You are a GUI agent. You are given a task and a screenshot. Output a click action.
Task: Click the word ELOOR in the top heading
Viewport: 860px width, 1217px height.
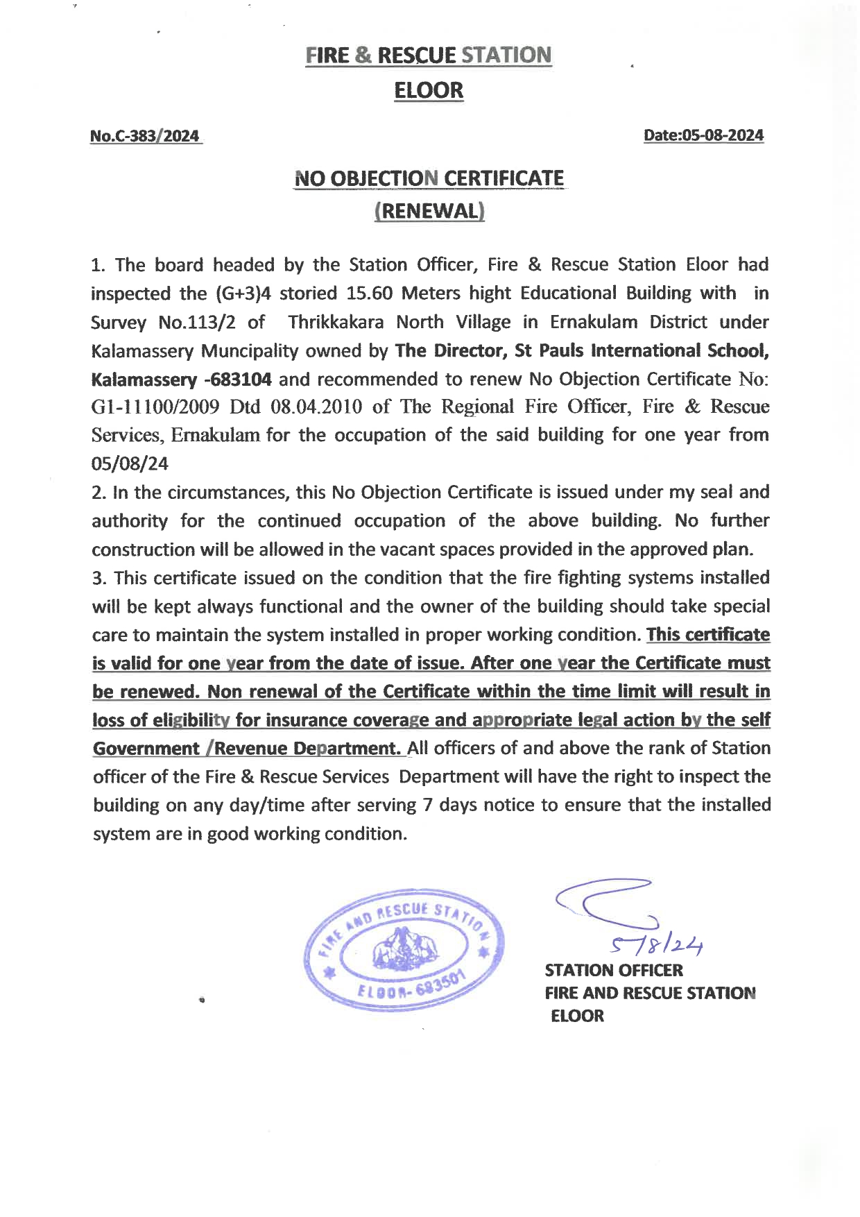coord(429,90)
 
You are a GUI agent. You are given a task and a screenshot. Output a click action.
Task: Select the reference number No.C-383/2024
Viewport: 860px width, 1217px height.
coord(145,136)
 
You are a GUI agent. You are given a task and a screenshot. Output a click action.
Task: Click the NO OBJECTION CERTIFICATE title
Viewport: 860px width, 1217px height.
coord(429,178)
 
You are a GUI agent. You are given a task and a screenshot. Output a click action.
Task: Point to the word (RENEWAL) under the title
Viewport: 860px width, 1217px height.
coord(429,211)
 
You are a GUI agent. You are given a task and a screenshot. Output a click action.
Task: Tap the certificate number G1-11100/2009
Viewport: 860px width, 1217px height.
coord(155,407)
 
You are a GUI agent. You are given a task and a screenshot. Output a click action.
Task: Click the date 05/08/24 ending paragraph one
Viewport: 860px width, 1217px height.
coord(130,463)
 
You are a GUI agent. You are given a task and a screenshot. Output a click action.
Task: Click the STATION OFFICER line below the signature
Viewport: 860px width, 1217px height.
coord(614,970)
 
